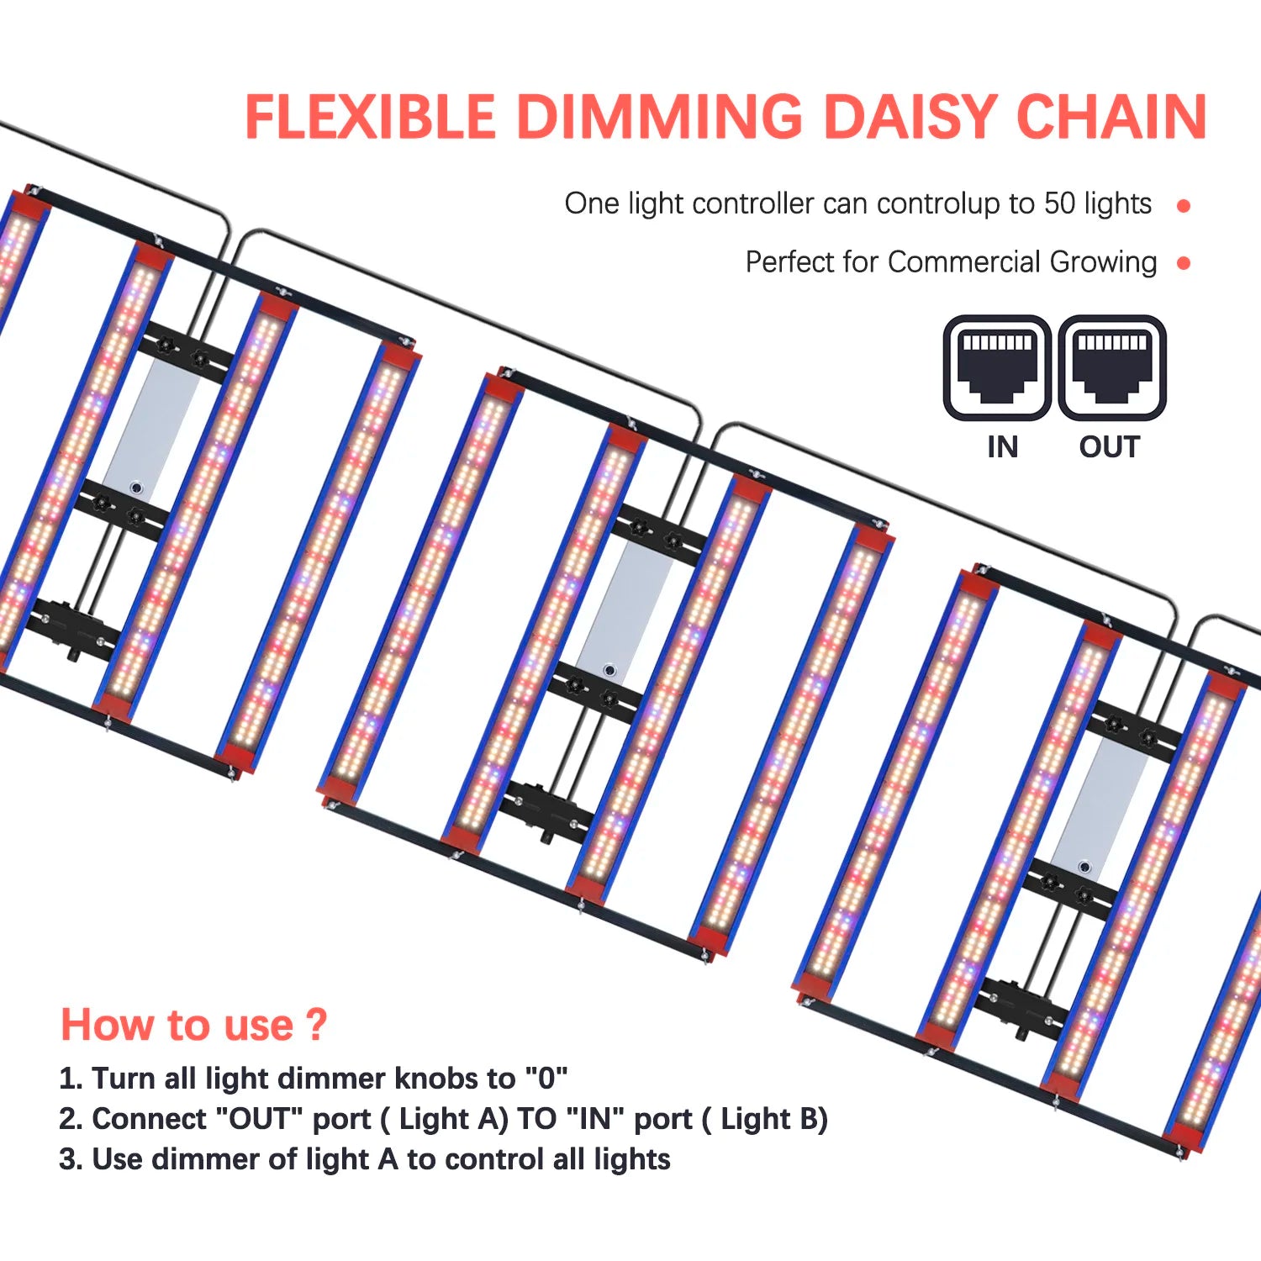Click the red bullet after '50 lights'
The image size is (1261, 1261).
1184,205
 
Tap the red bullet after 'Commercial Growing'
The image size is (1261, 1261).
1184,263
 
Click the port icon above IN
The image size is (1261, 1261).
997,368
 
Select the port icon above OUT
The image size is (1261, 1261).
1111,368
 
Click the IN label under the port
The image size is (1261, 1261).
1003,447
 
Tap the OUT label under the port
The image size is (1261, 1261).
1110,447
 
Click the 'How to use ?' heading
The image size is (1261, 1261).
193,1025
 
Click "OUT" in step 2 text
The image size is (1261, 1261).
259,1118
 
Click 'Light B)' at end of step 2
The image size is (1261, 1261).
774,1119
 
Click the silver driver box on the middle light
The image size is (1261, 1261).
625,607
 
